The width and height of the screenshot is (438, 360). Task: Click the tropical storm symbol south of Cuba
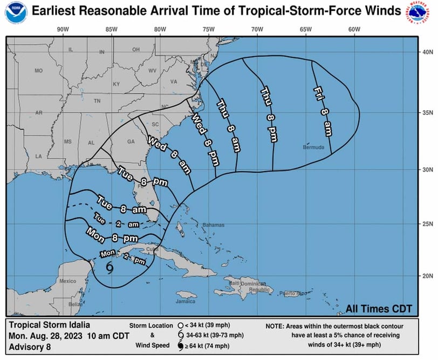110,268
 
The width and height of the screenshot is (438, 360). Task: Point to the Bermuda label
313,147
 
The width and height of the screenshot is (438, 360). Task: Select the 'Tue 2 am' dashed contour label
114,221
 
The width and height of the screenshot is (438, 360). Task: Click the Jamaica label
186,301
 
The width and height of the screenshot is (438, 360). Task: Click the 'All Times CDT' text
379,309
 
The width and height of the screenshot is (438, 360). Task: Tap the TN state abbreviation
97,101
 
